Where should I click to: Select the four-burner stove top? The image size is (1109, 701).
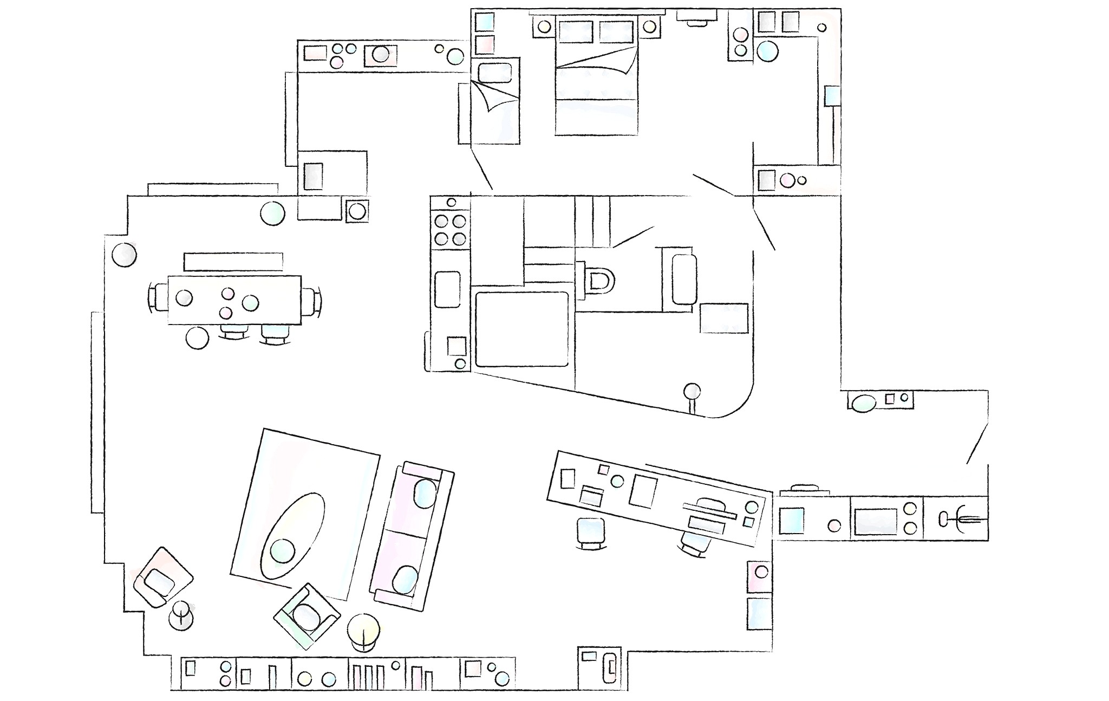click(x=451, y=230)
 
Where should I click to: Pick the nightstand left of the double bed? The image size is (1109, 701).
click(x=544, y=27)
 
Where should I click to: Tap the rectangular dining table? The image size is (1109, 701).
click(x=234, y=300)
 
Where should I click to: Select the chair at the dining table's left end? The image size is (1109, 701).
click(x=160, y=299)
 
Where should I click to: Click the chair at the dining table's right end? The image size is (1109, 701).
click(x=310, y=301)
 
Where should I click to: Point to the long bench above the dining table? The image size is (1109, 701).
click(x=233, y=261)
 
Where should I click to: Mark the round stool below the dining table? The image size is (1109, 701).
click(x=197, y=337)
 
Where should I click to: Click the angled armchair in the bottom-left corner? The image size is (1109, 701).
click(x=161, y=577)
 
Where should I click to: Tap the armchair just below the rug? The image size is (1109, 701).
click(x=307, y=615)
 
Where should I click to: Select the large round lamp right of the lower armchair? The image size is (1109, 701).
click(x=363, y=630)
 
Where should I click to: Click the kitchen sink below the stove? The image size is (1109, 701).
click(x=447, y=289)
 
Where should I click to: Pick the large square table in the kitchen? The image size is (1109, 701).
click(x=521, y=329)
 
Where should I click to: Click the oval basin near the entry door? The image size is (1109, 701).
click(x=863, y=403)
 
